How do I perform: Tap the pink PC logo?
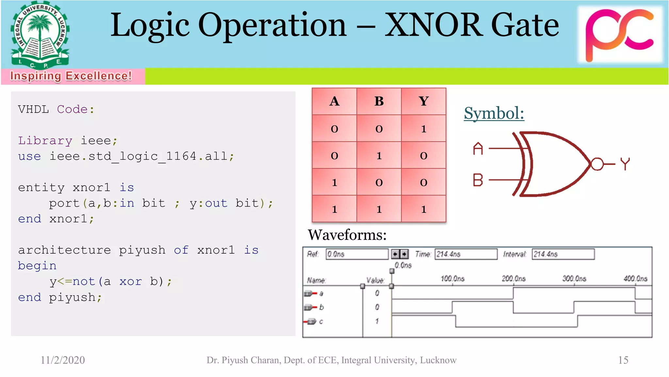[619, 34]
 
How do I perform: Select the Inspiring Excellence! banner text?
[71, 76]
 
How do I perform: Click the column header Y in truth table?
[423, 101]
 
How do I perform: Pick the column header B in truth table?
[379, 101]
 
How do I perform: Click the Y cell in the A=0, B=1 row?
[423, 155]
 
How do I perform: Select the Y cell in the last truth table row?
[423, 209]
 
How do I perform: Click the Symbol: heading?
[494, 113]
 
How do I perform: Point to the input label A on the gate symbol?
[478, 149]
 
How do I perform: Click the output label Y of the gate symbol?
[625, 164]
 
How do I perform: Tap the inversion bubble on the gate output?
[597, 164]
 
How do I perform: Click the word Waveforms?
[347, 235]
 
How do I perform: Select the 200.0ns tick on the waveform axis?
[514, 279]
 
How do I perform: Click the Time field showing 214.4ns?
[465, 254]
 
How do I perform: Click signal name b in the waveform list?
[321, 307]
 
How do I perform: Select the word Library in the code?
[45, 140]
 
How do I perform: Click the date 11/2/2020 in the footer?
[62, 360]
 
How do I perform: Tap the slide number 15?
[623, 360]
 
